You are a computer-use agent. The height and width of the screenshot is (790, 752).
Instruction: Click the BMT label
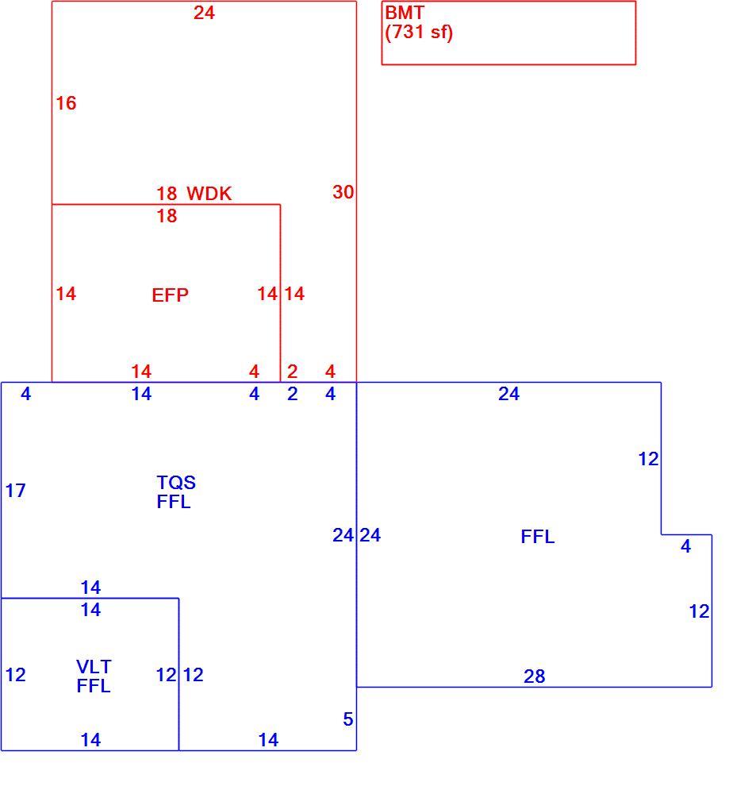pos(405,13)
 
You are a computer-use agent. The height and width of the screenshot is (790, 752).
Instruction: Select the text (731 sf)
pos(419,32)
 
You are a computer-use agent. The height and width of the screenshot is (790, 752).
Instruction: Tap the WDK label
pos(209,194)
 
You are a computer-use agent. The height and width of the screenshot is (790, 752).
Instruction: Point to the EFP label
pos(170,295)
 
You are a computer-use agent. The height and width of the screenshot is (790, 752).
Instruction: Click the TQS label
pos(176,483)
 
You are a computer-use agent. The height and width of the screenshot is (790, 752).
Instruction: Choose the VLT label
pos(94,667)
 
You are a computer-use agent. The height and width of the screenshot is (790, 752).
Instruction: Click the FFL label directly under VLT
pos(94,686)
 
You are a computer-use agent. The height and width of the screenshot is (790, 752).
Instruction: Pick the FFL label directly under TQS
pos(174,502)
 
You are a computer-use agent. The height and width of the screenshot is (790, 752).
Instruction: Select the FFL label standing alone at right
pos(538,537)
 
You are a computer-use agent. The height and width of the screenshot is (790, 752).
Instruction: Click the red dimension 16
pos(66,103)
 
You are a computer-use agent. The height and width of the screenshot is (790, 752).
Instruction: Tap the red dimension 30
pos(343,192)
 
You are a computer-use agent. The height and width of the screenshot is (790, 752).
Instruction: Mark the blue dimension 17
pos(16,491)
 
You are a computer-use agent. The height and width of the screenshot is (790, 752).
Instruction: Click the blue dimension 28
pos(534,676)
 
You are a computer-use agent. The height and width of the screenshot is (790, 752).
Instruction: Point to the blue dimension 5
pos(347,719)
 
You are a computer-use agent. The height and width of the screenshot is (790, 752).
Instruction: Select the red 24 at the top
pos(204,13)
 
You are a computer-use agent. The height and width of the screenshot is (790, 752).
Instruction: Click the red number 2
pos(293,372)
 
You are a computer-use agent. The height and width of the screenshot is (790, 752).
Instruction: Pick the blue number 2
pos(293,394)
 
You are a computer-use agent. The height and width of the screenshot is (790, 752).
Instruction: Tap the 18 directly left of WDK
pos(167,194)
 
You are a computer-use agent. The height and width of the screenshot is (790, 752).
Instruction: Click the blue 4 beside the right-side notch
pos(685,546)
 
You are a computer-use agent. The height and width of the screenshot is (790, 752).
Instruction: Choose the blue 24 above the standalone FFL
pos(509,394)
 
